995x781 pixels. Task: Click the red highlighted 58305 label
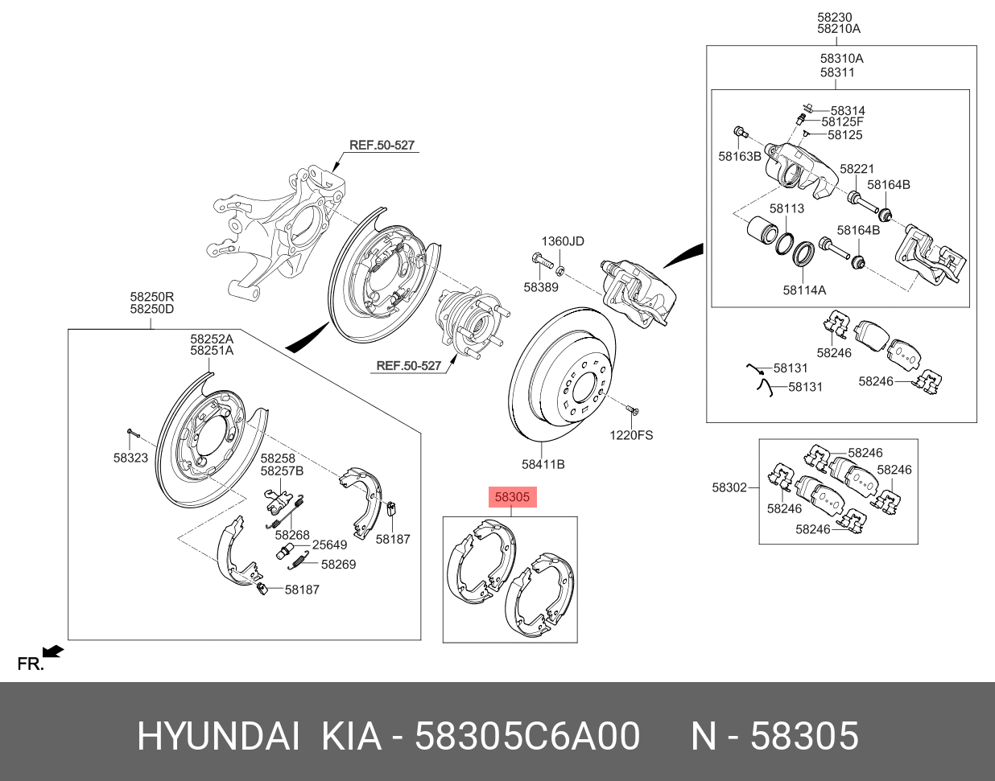point(512,497)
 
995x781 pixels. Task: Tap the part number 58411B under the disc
point(543,464)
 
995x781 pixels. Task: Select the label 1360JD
point(562,241)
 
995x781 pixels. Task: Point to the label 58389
point(540,287)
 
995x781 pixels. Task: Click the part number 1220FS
point(631,435)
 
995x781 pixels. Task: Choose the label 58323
point(130,458)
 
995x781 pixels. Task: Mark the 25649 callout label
point(329,545)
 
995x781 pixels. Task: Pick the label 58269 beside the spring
point(338,564)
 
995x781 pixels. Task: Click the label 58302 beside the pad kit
point(729,487)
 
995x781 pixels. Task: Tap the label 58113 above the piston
point(787,208)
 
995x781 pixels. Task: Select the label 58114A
point(804,290)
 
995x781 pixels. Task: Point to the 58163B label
point(740,156)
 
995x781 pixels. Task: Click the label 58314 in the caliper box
point(848,111)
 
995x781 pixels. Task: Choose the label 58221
point(857,169)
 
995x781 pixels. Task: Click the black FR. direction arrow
point(54,650)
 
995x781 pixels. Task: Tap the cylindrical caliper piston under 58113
point(760,231)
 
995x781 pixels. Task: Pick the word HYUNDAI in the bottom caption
point(218,736)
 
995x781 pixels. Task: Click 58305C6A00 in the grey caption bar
point(527,736)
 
